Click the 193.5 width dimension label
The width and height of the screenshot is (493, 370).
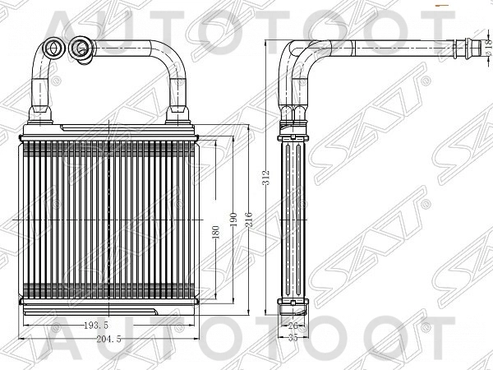pyautogui.click(x=96, y=326)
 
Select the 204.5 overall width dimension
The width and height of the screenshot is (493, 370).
pyautogui.click(x=108, y=339)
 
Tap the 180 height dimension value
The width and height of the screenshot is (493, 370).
pyautogui.click(x=215, y=232)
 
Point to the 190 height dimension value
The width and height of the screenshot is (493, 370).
pyautogui.click(x=233, y=220)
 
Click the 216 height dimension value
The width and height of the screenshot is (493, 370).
pyautogui.click(x=249, y=220)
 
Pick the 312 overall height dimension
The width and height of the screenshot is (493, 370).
pyautogui.click(x=266, y=178)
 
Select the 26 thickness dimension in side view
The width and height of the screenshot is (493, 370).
pyautogui.click(x=293, y=326)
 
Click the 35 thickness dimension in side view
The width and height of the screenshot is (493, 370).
pyautogui.click(x=293, y=338)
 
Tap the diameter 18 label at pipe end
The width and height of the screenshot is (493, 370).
pyautogui.click(x=488, y=47)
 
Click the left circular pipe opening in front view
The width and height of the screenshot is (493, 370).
pyautogui.click(x=54, y=49)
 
